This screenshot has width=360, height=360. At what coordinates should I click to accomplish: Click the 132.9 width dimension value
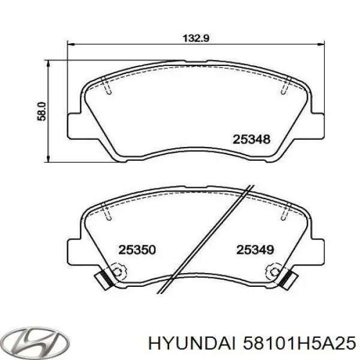(196, 38)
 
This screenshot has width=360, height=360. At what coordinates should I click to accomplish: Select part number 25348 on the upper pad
(252, 139)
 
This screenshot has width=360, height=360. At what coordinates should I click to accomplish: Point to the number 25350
(136, 248)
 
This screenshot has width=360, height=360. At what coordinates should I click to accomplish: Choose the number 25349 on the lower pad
(255, 248)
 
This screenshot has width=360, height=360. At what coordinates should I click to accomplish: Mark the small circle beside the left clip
(118, 272)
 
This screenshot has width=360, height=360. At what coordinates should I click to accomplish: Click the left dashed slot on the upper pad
(107, 88)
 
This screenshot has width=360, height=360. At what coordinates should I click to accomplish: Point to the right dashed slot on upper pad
(284, 88)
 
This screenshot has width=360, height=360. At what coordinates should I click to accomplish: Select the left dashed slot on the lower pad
(107, 212)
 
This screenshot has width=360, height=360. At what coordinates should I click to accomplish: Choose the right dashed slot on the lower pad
(284, 212)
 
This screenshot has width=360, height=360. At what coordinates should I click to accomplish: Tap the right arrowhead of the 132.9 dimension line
(322, 43)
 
